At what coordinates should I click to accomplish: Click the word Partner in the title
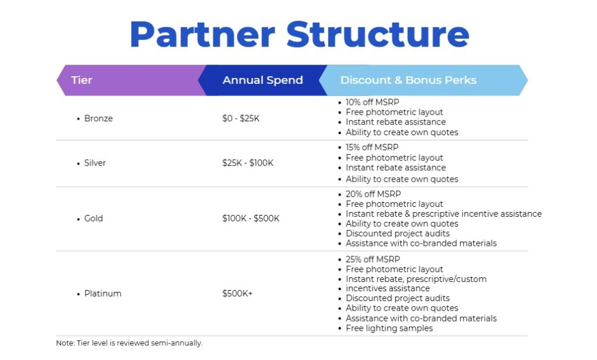click(202, 34)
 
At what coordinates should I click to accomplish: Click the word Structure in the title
click(377, 34)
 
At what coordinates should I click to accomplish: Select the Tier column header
click(82, 80)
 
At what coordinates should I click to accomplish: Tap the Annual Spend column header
click(263, 80)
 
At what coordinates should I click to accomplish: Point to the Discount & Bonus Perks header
click(408, 80)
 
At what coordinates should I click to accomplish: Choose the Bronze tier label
click(98, 118)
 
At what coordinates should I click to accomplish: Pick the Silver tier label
click(95, 163)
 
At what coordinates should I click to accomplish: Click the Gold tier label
click(93, 218)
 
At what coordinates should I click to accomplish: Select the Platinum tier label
click(103, 294)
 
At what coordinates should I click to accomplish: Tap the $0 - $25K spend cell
click(241, 118)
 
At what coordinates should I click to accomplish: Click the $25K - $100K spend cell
click(248, 163)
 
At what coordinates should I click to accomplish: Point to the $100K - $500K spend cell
click(251, 218)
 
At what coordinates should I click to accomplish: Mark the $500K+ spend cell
click(237, 294)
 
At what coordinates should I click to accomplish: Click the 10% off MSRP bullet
click(373, 102)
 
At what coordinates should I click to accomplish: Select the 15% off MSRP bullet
click(372, 147)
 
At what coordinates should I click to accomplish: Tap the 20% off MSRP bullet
click(373, 194)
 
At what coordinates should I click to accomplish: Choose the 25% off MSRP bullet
click(373, 259)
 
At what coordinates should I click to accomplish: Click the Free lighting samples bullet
click(389, 328)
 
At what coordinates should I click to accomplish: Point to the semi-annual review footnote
click(129, 343)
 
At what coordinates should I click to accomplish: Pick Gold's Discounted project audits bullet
click(398, 233)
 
